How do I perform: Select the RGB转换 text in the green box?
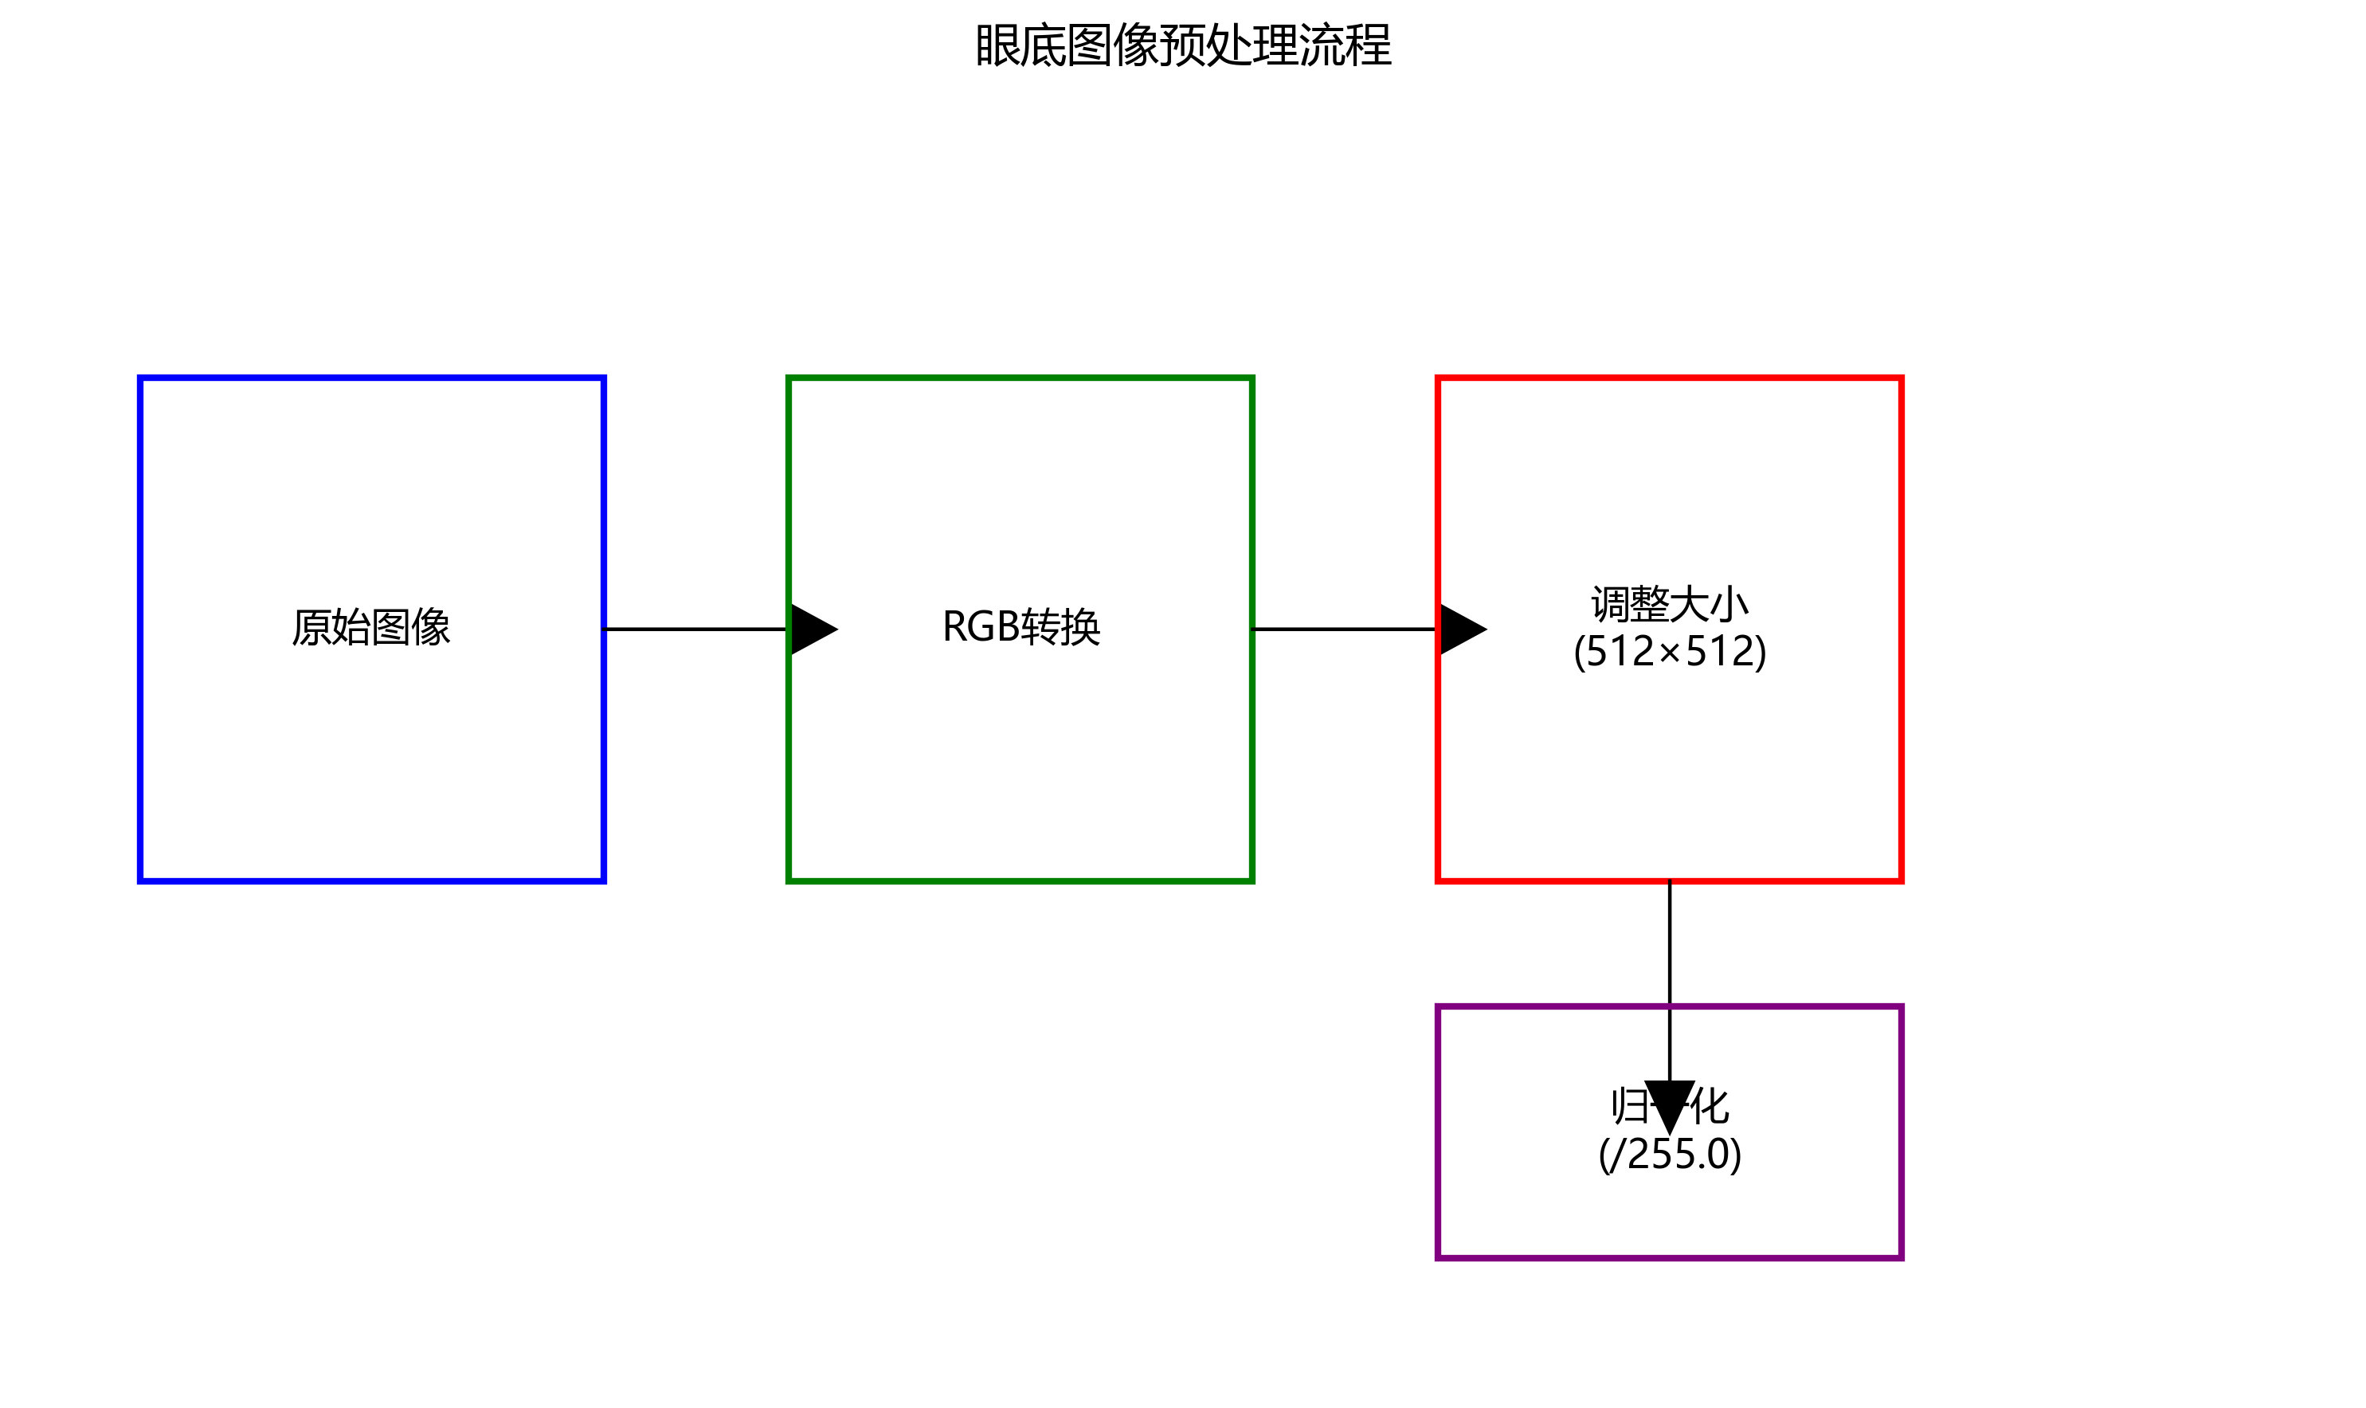pos(1020,627)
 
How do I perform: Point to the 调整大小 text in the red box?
pos(1669,604)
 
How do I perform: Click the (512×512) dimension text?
pos(1669,652)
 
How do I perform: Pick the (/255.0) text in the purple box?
pos(1669,1155)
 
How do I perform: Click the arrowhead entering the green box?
pos(812,629)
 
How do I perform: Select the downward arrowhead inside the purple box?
pos(1669,1104)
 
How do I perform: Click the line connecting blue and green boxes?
pos(695,629)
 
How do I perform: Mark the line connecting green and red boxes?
pos(1344,629)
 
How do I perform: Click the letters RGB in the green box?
pos(981,627)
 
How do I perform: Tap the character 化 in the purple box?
pos(1710,1106)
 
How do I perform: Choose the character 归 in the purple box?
pos(1629,1106)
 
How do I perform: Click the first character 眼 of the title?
pos(997,45)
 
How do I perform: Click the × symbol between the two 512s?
pos(1669,653)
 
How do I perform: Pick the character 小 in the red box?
pos(1729,604)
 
